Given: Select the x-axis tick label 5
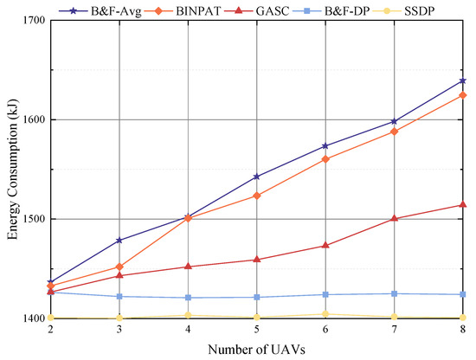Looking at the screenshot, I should click(x=258, y=330).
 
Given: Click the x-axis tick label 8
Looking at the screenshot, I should click(x=464, y=330).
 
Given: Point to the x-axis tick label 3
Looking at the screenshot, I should click(x=119, y=330).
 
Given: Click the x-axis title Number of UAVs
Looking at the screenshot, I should click(x=257, y=349).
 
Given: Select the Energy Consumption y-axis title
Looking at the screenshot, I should click(x=12, y=169).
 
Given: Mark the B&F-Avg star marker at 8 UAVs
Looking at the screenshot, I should click(x=464, y=80).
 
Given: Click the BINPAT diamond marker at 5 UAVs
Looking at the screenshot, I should click(x=258, y=196).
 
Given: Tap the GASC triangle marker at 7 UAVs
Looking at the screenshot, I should click(x=396, y=218).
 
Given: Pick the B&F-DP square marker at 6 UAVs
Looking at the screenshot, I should click(x=326, y=295).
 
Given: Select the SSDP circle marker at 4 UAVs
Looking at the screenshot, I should click(x=189, y=315).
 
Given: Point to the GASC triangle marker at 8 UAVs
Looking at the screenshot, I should click(x=464, y=204).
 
